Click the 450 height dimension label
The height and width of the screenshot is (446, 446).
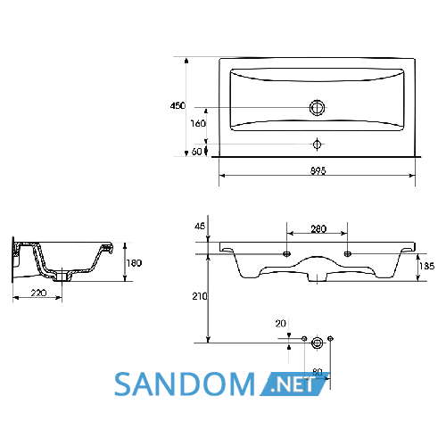pyautogui.click(x=178, y=105)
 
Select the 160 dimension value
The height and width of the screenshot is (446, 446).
pyautogui.click(x=198, y=123)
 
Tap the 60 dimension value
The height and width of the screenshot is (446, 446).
pyautogui.click(x=196, y=152)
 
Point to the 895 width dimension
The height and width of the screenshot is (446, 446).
pyautogui.click(x=318, y=170)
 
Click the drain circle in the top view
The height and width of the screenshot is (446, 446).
pyautogui.click(x=317, y=108)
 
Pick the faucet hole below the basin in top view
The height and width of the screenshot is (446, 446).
pyautogui.click(x=317, y=145)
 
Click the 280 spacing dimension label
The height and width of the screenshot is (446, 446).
pyautogui.click(x=318, y=229)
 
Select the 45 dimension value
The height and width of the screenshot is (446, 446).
pyautogui.click(x=200, y=227)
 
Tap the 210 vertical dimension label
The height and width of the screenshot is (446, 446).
pyautogui.click(x=200, y=296)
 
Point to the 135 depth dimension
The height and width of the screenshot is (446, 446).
pyautogui.click(x=427, y=266)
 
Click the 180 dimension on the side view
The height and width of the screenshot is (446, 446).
pyautogui.click(x=134, y=263)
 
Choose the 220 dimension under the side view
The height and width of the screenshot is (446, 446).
pyautogui.click(x=38, y=293)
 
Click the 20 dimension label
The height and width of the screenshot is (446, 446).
pyautogui.click(x=280, y=324)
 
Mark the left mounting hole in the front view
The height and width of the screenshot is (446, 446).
pyautogui.click(x=286, y=254)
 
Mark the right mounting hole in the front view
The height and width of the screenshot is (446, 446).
pyautogui.click(x=347, y=254)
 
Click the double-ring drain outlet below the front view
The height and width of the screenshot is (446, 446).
pyautogui.click(x=317, y=343)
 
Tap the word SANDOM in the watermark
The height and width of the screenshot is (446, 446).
pyautogui.click(x=185, y=384)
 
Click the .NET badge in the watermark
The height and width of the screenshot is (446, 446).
pyautogui.click(x=294, y=384)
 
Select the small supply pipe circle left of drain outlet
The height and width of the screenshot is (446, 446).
pyautogui.click(x=304, y=338)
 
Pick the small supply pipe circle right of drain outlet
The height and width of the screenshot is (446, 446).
pyautogui.click(x=330, y=338)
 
